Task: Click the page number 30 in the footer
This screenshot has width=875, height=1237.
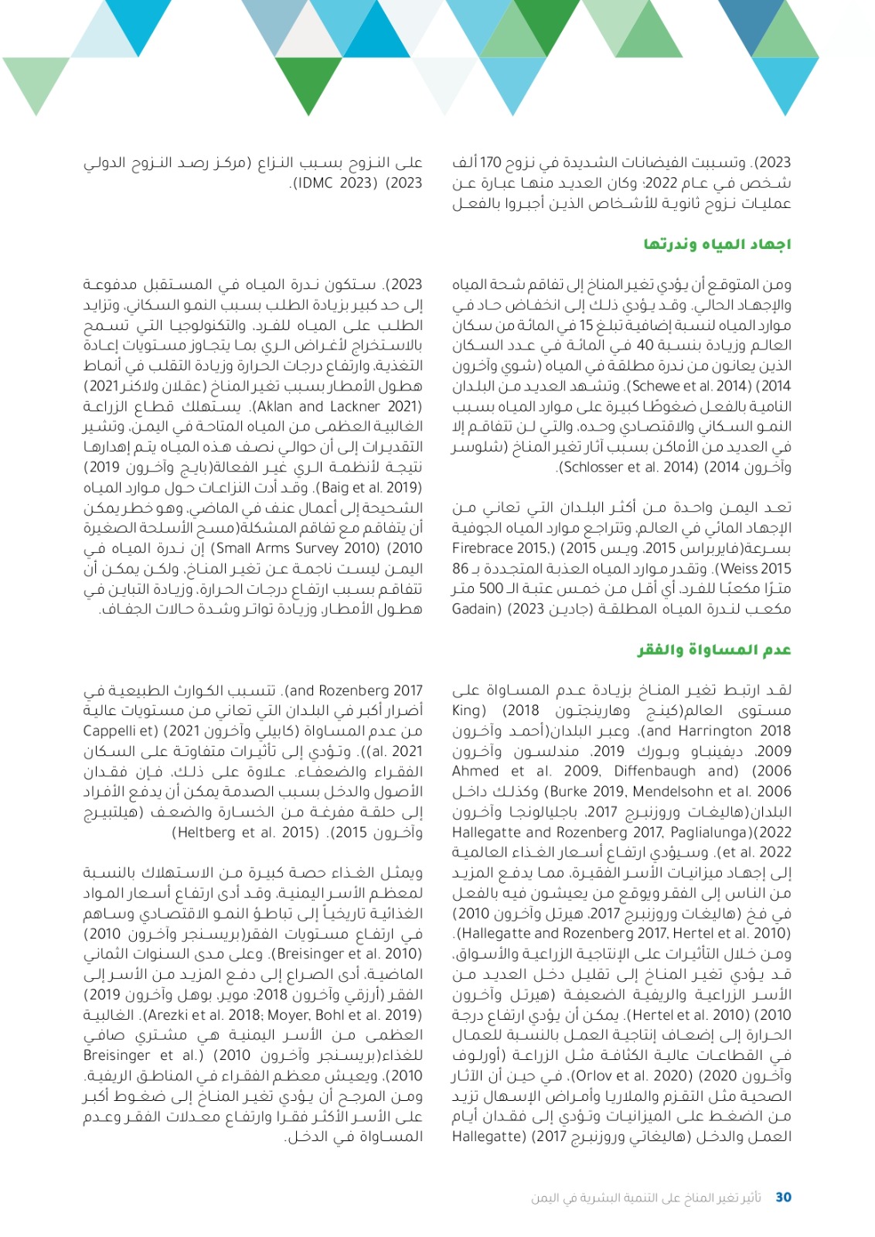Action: [x=783, y=1197]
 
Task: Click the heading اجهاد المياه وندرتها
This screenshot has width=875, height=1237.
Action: [x=717, y=244]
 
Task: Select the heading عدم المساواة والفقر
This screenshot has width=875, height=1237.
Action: [x=714, y=649]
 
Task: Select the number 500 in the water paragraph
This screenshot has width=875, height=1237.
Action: [x=490, y=588]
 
